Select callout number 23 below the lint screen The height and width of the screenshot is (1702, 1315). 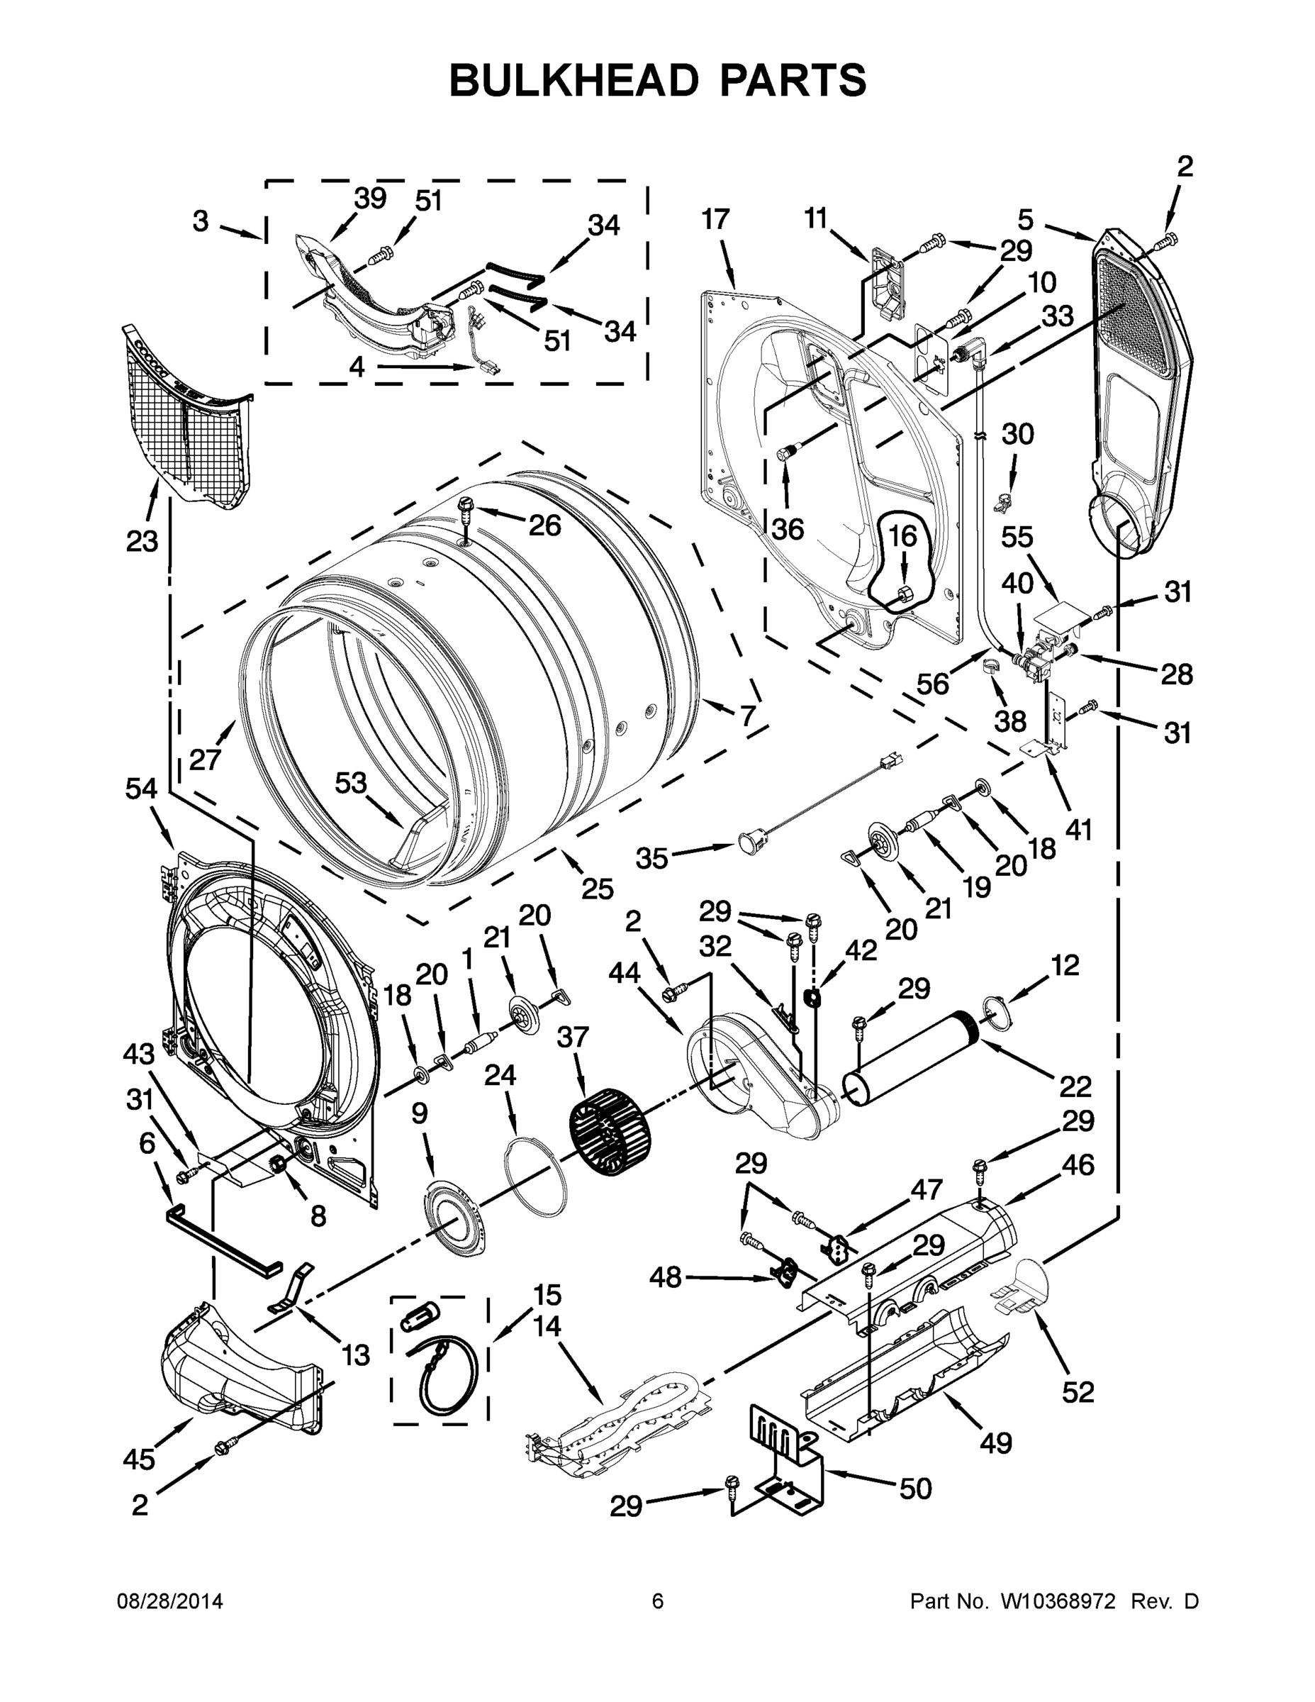[142, 540]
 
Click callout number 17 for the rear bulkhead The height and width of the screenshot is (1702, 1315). [715, 220]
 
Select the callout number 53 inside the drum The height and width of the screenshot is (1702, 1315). [351, 782]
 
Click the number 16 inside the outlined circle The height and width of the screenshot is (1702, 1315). [903, 536]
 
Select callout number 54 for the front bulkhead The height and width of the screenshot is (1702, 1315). [141, 789]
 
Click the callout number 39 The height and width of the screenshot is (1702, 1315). [370, 199]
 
